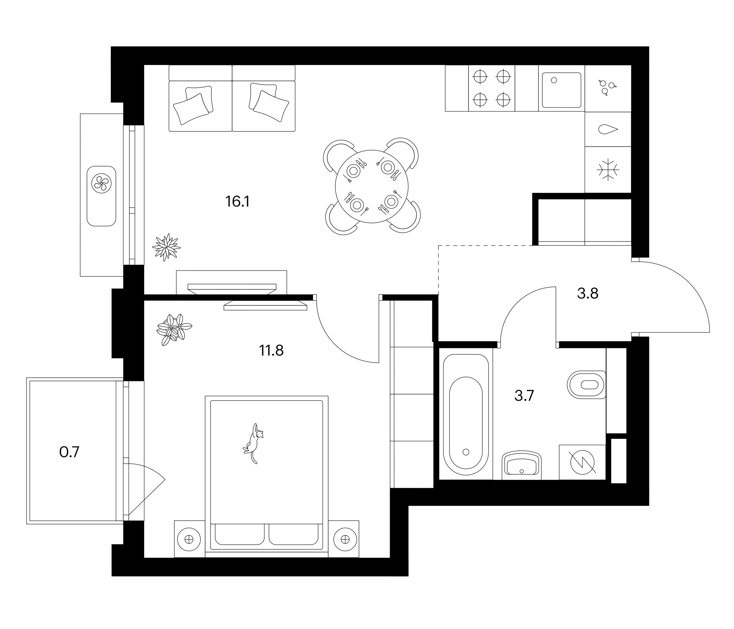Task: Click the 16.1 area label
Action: (238, 202)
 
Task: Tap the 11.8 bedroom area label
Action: (271, 350)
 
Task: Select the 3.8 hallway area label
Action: (588, 294)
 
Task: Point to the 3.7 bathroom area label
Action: (524, 396)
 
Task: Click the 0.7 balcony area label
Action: (70, 452)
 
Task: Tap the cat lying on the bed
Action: (254, 443)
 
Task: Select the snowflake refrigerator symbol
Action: (608, 169)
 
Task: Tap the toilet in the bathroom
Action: (587, 385)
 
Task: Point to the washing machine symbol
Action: (582, 463)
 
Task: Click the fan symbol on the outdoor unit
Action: (101, 183)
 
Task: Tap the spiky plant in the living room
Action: (166, 247)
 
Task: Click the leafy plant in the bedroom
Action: (174, 330)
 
